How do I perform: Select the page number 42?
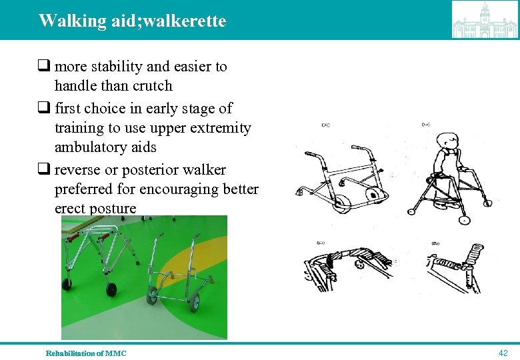coord(503,352)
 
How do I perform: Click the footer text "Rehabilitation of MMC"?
coord(86,353)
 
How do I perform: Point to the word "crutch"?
coord(152,86)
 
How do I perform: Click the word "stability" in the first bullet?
coord(115,67)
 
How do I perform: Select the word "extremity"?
coord(219,127)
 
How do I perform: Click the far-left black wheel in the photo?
coord(68,284)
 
